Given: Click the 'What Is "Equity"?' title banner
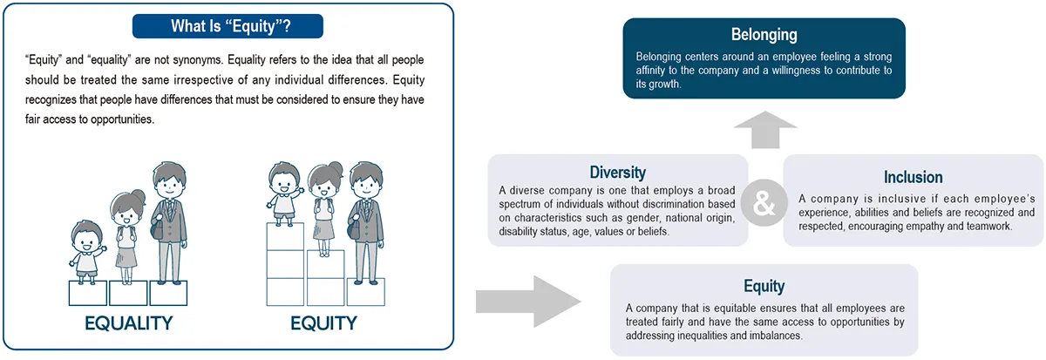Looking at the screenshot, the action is click(228, 26).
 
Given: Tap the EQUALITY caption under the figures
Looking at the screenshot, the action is click(128, 323).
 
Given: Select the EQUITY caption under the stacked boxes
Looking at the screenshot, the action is click(323, 323).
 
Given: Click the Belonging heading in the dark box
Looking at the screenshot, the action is click(764, 35).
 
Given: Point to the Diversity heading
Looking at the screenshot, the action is click(618, 173).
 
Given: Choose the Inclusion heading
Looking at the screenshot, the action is click(913, 177).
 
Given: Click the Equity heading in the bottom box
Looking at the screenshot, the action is click(764, 286).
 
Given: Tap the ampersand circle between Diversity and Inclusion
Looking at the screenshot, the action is click(764, 203).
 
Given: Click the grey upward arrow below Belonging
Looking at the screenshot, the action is click(765, 130).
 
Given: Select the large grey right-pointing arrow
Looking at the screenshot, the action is click(528, 302).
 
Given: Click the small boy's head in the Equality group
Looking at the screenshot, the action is click(87, 237).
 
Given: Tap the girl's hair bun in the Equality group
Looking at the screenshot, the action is click(139, 197).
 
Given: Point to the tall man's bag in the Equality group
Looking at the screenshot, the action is click(157, 228).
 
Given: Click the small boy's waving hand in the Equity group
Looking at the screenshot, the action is click(299, 191).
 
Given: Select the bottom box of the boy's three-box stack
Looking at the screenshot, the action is click(285, 292).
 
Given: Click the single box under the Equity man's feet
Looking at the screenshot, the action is click(366, 292).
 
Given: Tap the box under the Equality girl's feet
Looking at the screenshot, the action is click(128, 293).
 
